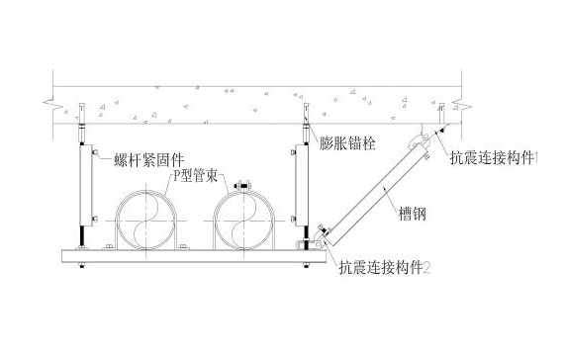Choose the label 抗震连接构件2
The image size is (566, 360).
pos(386,266)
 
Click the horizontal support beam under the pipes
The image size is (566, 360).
pos(188,256)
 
